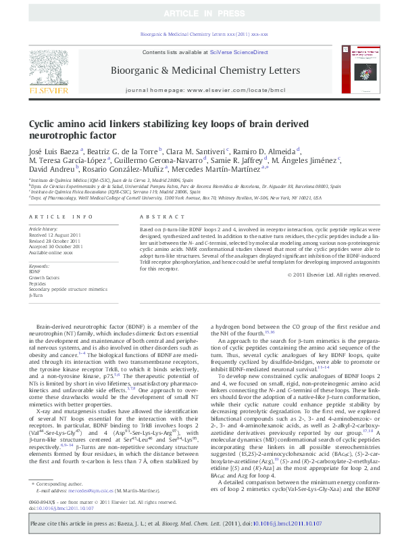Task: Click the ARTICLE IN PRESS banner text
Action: (201, 13)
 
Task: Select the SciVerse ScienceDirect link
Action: (238, 52)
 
